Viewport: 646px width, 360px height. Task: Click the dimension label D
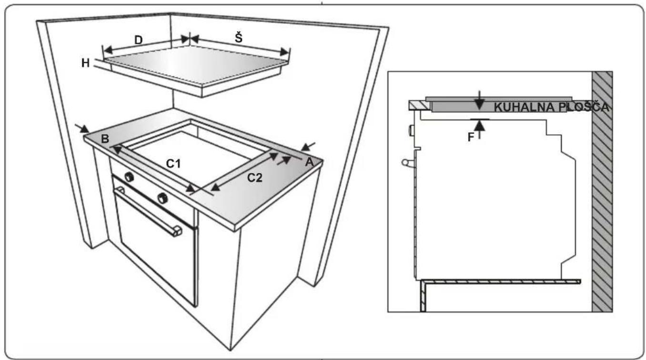[x=139, y=40]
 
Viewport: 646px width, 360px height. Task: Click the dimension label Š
[x=239, y=38]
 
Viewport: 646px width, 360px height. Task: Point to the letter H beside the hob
[x=85, y=63]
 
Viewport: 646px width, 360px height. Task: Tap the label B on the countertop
[x=105, y=139]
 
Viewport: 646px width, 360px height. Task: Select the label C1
[x=173, y=164]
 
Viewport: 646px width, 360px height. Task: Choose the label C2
[x=255, y=178]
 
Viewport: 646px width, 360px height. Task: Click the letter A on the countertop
[x=310, y=162]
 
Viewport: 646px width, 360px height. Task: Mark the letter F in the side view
[x=471, y=137]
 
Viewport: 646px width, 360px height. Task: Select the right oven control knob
[x=162, y=198]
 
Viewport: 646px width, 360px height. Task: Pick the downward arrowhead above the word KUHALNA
[x=479, y=104]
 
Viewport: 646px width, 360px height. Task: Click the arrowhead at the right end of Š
[x=284, y=52]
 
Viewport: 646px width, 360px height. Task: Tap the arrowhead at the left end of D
[x=108, y=50]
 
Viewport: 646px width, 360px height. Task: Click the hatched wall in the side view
[x=602, y=192]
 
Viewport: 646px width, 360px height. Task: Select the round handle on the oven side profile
[x=406, y=163]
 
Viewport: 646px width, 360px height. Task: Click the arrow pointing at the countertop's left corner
[x=82, y=129]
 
